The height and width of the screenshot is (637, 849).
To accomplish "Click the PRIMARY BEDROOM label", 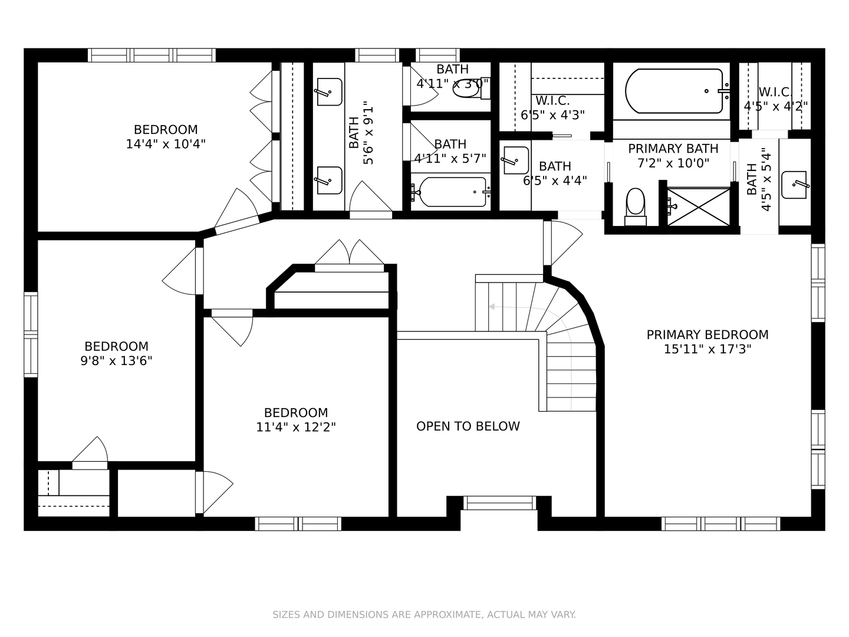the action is (x=707, y=334).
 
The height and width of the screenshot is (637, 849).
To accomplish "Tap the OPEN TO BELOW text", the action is (x=468, y=426).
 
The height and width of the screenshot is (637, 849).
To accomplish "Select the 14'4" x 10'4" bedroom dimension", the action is (x=166, y=144).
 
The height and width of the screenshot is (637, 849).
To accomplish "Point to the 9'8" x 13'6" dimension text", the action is (x=116, y=361).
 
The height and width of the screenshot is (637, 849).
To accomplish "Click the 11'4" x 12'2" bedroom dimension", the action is (x=296, y=427).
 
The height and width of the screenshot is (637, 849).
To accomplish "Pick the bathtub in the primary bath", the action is (x=674, y=91).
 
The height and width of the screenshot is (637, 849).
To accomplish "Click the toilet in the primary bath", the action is (x=635, y=207).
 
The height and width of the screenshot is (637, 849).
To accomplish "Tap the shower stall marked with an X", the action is (x=699, y=206).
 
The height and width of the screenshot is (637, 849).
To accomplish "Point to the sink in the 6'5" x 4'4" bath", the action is (x=515, y=160).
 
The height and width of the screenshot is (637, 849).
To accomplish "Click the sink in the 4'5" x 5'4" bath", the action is (x=795, y=185).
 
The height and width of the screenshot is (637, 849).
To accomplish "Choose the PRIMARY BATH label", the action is (x=673, y=149).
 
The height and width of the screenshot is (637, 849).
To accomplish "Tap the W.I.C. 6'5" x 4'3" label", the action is (x=552, y=108).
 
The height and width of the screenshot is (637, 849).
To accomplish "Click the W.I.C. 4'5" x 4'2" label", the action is (x=775, y=99).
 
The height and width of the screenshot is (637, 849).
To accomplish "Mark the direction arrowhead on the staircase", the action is (x=492, y=307).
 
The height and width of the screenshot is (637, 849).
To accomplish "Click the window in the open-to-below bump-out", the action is (x=500, y=503).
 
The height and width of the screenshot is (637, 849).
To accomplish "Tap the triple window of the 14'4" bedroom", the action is (x=152, y=55).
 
